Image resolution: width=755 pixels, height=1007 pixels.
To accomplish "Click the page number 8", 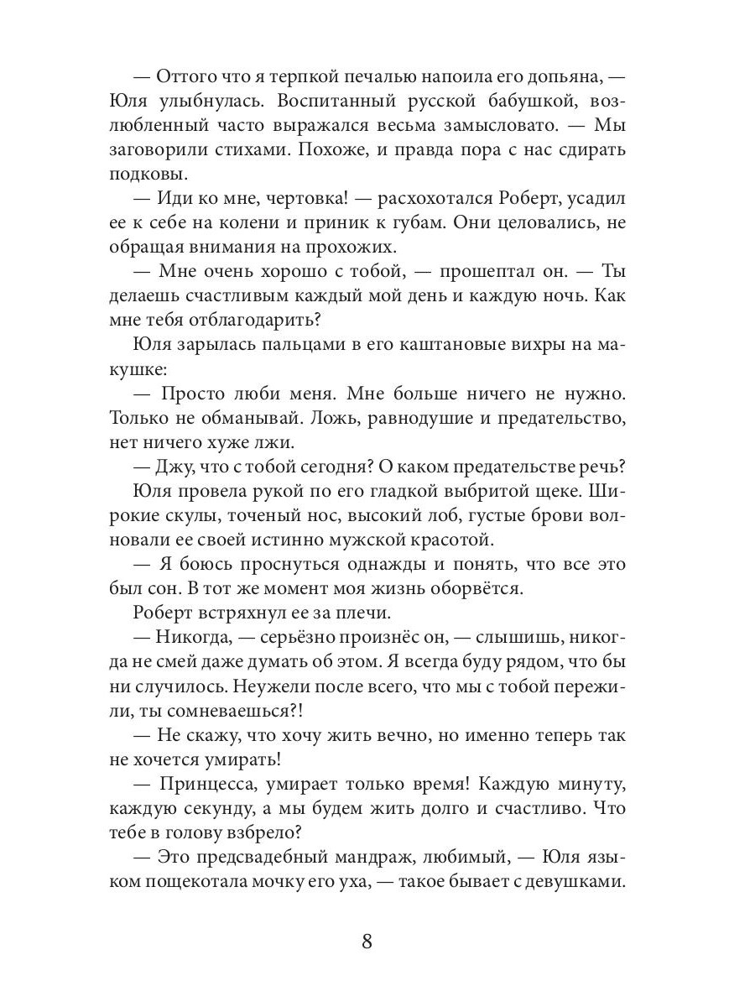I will coord(367,940).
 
